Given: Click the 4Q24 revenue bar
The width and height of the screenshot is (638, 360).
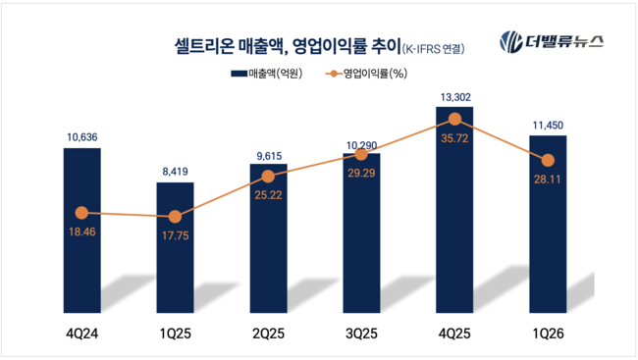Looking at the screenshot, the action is coord(82,231).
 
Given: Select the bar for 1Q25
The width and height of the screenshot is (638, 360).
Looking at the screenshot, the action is coord(176,247).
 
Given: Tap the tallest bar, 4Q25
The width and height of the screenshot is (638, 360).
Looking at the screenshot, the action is coord(454,210).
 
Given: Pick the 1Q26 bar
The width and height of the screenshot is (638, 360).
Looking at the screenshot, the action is coord(548,224).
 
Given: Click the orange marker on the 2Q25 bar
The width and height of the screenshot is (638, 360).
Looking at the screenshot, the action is coord(268,177).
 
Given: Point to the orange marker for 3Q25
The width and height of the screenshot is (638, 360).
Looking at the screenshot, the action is coord(361,154).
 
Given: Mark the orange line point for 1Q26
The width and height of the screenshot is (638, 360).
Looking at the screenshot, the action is coord(548,160).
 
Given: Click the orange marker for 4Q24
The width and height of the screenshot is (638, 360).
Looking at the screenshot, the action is coord(81,213).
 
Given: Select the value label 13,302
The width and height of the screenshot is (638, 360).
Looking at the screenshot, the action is coord(455,97).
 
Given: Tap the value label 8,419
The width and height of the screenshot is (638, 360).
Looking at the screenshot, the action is coord(176,172).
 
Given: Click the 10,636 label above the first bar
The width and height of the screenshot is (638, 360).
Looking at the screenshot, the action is coord(82,137).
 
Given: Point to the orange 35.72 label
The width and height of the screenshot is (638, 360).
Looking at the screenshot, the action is coord(454,138).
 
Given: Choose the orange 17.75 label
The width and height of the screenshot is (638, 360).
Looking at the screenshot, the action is coord(176,236).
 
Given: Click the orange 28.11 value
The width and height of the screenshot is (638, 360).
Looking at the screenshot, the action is coord(548,180).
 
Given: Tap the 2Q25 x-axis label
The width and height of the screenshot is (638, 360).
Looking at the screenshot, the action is coord(268,334).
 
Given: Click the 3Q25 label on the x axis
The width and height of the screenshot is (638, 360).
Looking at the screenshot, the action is coord(361,334).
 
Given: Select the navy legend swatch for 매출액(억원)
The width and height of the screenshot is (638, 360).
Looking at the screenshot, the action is coord(239,74).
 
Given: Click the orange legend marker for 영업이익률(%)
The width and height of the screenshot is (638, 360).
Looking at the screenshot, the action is coord(334,74).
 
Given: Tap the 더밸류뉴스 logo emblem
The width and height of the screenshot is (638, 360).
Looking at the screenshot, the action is coord(511,42).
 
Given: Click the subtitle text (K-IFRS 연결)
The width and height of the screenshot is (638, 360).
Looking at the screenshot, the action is coord(433,49).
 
